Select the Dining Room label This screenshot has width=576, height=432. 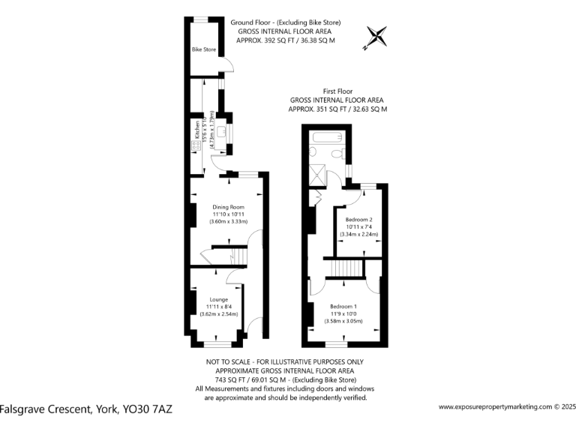pos(229,207)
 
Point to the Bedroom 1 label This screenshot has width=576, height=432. pos(344,306)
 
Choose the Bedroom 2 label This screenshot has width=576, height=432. pos(358,219)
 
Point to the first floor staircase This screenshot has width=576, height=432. pos(346,267)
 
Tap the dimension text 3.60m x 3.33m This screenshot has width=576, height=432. pos(228,222)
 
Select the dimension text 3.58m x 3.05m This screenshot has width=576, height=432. pos(343,321)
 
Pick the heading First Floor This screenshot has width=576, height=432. pos(337,91)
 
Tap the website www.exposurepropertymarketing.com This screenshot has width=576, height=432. pos(495,407)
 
